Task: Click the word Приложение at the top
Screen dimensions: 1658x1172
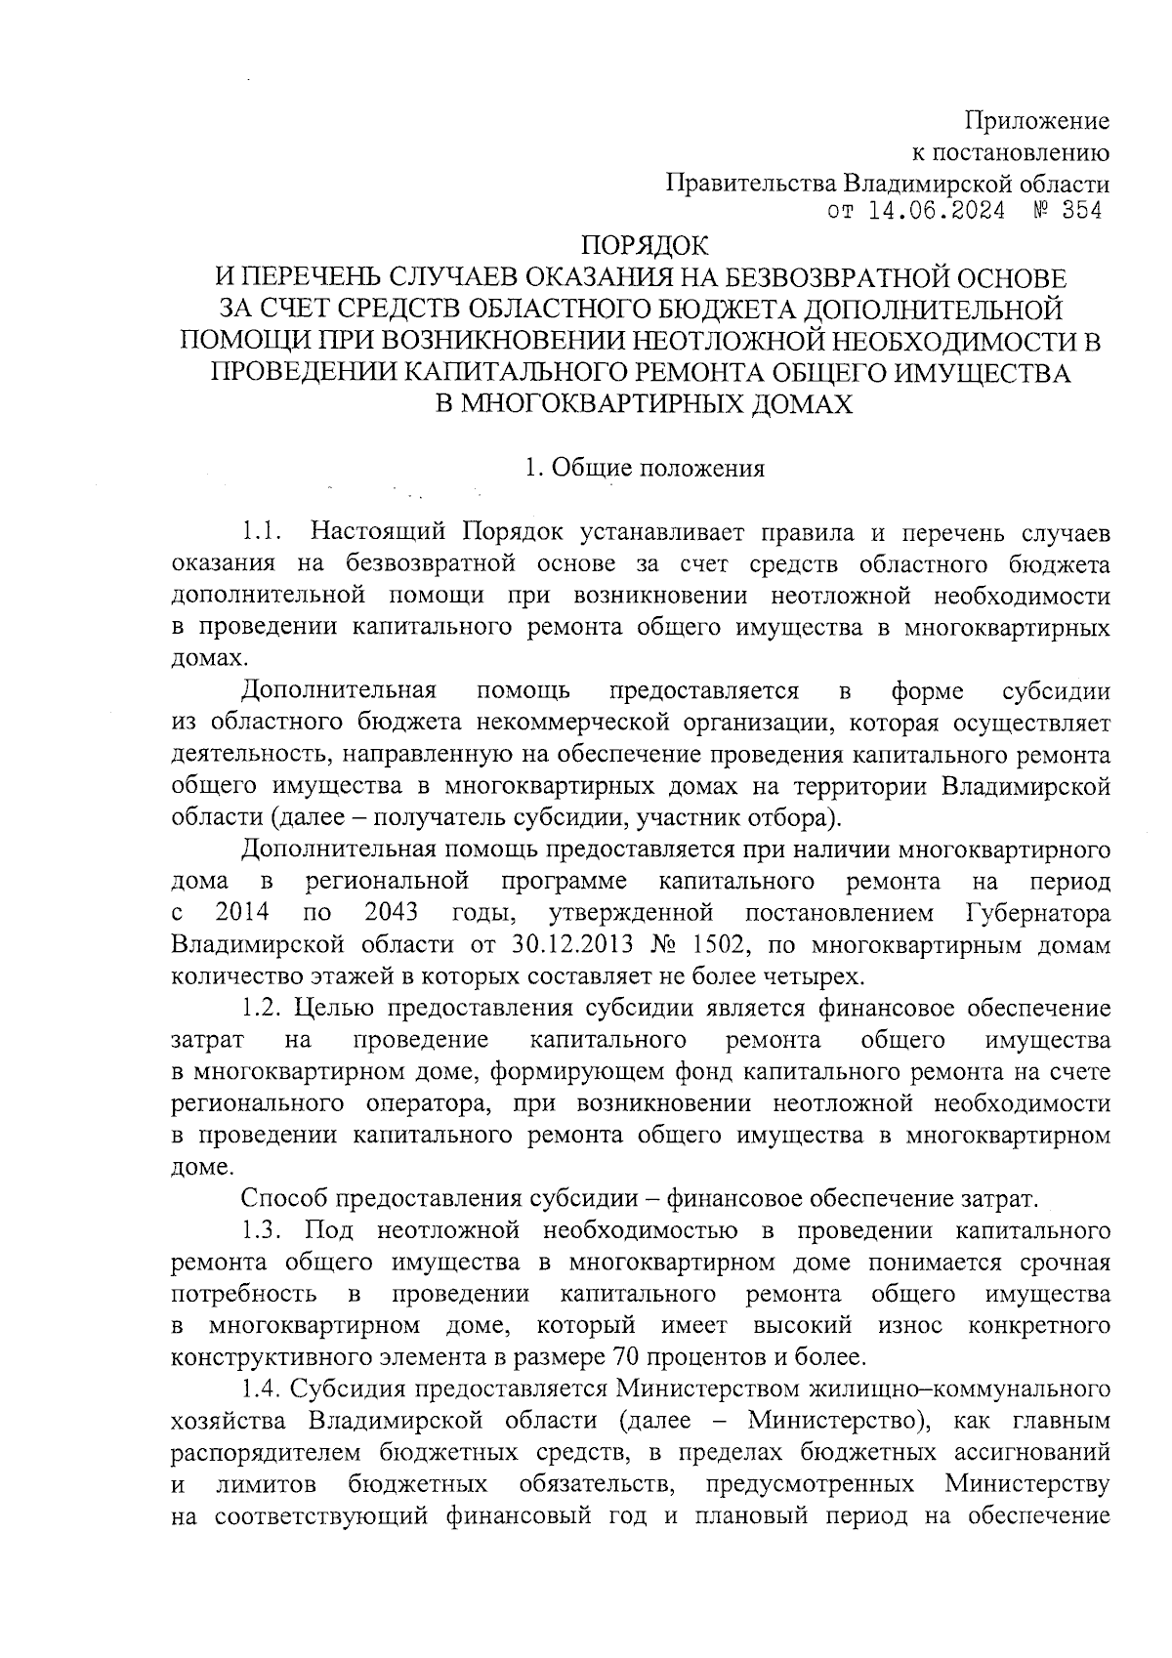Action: (x=1037, y=121)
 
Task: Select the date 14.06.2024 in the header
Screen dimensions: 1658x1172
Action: (x=937, y=212)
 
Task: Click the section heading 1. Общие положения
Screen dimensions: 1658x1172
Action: (x=644, y=468)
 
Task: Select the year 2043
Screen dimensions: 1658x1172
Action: (x=391, y=913)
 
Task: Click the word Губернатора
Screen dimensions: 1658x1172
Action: (x=1037, y=913)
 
